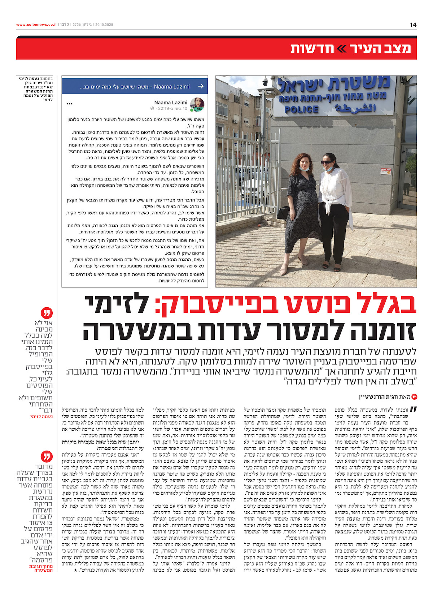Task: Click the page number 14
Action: [413, 25]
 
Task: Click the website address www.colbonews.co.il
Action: [36, 25]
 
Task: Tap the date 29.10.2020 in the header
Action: [104, 25]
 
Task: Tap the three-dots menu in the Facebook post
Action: [70, 104]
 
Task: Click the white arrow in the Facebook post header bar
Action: [201, 87]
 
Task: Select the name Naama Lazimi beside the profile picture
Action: [171, 103]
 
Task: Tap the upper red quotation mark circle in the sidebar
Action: [47, 313]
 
